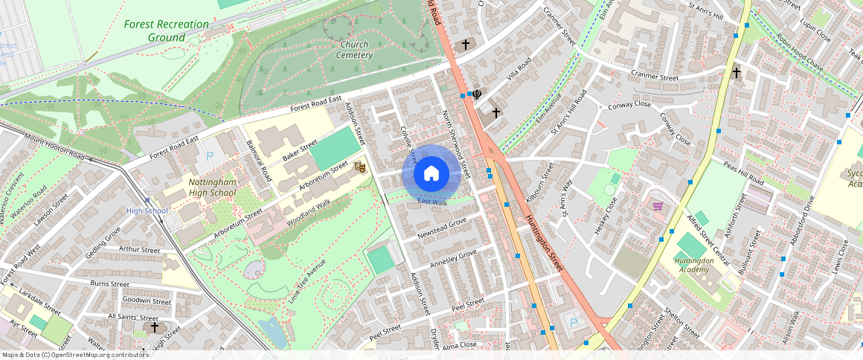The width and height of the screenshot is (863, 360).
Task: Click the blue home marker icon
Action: (431, 174)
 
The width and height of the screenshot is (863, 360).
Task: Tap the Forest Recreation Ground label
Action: (166, 30)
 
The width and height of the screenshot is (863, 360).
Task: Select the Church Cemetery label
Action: (353, 49)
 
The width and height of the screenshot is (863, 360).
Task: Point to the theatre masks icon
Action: (359, 167)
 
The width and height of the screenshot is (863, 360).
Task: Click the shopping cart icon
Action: (658, 206)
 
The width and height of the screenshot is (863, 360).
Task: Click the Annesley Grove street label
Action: (453, 260)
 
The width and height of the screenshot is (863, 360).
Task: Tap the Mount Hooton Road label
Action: (54, 146)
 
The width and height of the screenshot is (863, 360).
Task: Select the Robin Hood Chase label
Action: (799, 52)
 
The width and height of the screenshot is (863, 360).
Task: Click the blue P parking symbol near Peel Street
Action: (572, 323)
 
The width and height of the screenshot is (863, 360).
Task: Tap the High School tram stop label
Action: (147, 210)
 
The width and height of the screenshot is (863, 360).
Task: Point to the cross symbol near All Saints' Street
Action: (155, 327)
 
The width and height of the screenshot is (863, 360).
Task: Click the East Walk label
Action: (432, 202)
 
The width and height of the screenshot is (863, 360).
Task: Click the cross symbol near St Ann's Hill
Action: (737, 73)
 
